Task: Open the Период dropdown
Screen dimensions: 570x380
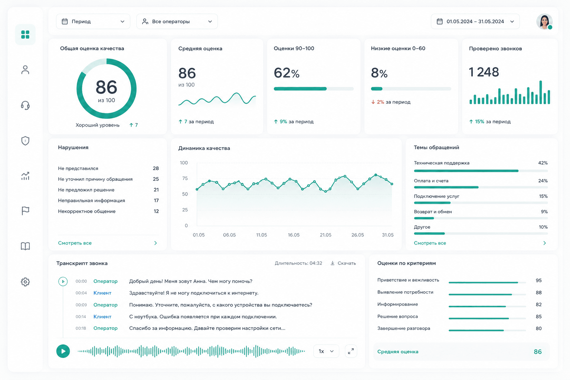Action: coord(93,22)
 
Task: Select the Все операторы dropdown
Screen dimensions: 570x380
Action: coord(177,22)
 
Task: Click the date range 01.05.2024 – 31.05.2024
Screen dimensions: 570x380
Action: coord(475,22)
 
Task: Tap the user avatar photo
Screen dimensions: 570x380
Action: coord(544,22)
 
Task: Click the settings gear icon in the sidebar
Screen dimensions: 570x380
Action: coord(25,282)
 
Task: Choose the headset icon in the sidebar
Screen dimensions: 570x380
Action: coord(25,105)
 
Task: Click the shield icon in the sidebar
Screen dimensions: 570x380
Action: coord(25,141)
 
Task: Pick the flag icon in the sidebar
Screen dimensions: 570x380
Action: coord(25,211)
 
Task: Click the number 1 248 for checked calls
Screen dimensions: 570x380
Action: coord(484,72)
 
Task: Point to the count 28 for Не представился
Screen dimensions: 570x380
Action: coord(156,168)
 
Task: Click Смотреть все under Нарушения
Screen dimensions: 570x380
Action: coord(75,243)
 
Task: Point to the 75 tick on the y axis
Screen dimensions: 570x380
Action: coord(185,178)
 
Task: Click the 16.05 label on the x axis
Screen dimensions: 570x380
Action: coord(294,235)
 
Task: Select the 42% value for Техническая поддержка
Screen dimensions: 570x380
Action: coord(543,163)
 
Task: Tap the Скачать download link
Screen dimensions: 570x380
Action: coord(343,263)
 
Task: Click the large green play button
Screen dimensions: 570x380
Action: coord(63,351)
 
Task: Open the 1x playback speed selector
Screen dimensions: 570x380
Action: coord(326,351)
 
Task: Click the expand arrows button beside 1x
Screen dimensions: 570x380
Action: coord(351,351)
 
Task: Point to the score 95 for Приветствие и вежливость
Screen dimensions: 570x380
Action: coord(538,281)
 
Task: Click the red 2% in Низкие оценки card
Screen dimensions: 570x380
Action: coord(380,102)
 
